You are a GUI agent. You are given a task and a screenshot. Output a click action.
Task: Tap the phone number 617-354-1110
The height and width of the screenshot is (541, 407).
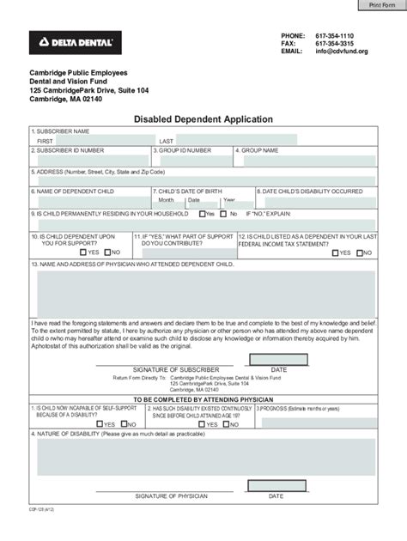coord(337,34)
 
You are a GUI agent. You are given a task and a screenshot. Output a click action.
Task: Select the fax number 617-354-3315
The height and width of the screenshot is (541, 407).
coord(337,43)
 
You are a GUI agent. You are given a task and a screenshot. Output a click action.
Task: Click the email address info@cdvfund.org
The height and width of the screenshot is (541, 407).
coord(341,52)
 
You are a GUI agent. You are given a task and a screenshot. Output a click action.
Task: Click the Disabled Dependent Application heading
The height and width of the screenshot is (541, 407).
coord(203,119)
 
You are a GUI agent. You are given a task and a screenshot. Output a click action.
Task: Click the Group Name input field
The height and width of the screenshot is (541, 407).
coord(305,161)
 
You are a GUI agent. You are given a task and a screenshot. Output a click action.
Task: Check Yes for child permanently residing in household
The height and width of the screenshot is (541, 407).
coord(202,214)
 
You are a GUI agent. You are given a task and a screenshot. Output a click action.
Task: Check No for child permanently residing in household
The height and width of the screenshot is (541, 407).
coord(224,214)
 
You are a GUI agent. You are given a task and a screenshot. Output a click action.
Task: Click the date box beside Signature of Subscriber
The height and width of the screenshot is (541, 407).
coord(279,360)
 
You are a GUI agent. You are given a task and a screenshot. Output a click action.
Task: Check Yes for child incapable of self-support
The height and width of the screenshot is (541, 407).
coord(100,424)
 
